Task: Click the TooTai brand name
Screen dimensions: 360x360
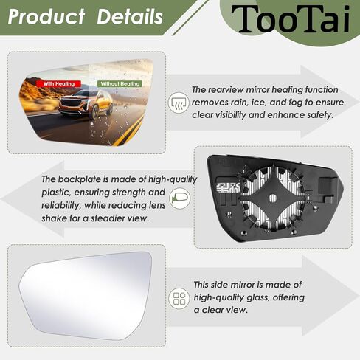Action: (290, 18)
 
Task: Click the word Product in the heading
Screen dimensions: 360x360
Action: (46, 16)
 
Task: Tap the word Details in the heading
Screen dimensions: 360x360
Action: (130, 16)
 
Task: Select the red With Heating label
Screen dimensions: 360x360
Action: (58, 84)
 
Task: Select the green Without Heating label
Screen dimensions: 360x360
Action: (120, 84)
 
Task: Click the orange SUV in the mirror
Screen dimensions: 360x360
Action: (86, 104)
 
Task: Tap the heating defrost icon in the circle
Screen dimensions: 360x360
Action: (179, 103)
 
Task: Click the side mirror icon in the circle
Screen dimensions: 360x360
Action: (180, 198)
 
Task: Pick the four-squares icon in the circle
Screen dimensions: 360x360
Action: (179, 298)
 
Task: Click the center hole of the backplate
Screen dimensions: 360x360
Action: (273, 198)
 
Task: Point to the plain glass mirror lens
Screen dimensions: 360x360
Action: (86, 295)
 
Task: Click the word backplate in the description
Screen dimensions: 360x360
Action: (83, 179)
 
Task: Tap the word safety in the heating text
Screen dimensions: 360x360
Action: (320, 115)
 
